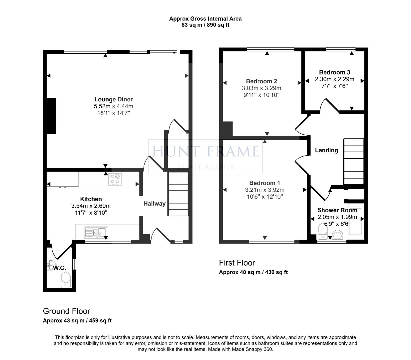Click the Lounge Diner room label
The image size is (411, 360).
(x=114, y=99)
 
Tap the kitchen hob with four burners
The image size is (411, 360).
(x=115, y=179)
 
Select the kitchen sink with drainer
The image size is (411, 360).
(x=96, y=232)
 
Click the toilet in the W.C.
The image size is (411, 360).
(x=66, y=280)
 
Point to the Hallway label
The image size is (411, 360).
(x=155, y=204)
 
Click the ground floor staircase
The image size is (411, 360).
(x=178, y=194)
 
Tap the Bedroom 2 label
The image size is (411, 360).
(x=261, y=81)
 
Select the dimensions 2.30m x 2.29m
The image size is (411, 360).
(x=334, y=79)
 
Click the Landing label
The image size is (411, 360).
(x=326, y=150)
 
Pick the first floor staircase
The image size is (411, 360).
(x=354, y=161)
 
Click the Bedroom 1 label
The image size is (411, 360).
(x=264, y=183)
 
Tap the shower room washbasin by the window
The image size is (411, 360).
(x=337, y=235)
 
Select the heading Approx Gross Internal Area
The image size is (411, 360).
(x=205, y=19)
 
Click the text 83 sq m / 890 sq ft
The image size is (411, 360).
(x=205, y=25)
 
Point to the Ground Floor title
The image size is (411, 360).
(x=67, y=311)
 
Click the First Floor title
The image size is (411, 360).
(x=237, y=263)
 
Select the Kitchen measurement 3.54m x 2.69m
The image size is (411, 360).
(x=91, y=206)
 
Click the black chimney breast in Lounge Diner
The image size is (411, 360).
(x=51, y=116)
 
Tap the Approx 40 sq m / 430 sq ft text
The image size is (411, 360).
(x=253, y=272)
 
